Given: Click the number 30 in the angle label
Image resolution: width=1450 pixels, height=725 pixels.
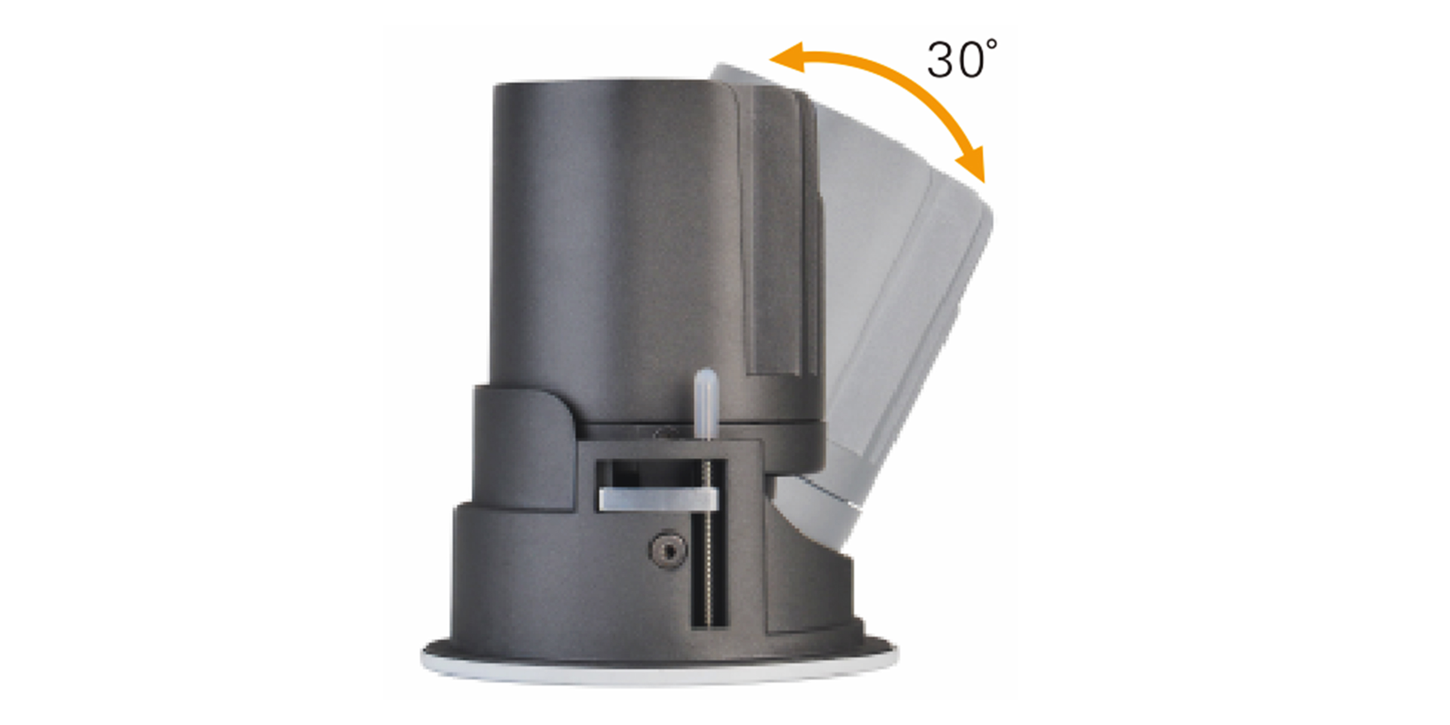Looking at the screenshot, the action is pyautogui.click(x=956, y=59).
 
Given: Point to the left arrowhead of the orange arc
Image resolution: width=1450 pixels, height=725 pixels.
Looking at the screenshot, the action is pyautogui.click(x=786, y=57).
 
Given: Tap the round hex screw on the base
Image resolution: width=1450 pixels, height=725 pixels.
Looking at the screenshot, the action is pyautogui.click(x=668, y=549).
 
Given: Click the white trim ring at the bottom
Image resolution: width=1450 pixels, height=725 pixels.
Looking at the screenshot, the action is pyautogui.click(x=659, y=673).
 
